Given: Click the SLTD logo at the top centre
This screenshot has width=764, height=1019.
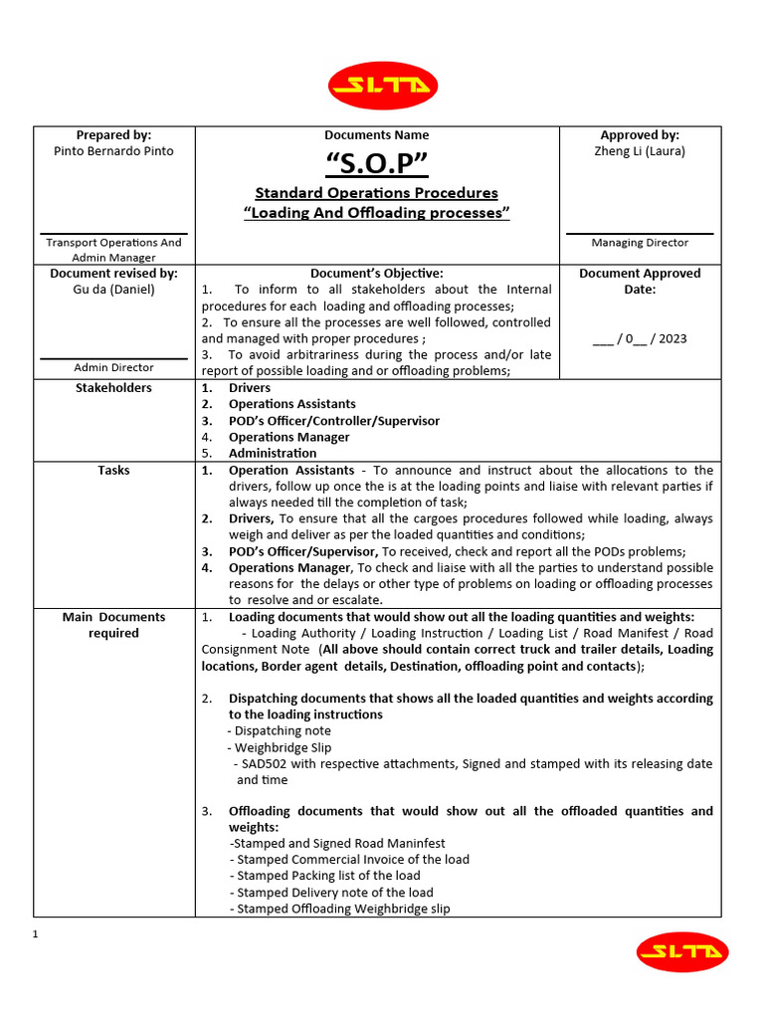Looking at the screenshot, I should click(x=382, y=86).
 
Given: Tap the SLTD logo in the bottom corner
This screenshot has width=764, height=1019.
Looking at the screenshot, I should click(x=682, y=952).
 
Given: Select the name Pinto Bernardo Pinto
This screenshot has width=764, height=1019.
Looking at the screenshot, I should click(x=113, y=151).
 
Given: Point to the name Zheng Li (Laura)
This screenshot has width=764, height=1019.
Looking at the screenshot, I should click(x=640, y=151).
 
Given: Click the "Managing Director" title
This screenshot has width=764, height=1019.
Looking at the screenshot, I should click(x=640, y=242).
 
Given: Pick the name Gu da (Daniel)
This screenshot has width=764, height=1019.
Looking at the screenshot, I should click(x=113, y=290).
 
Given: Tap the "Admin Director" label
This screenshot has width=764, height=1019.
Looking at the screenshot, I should click(x=113, y=367).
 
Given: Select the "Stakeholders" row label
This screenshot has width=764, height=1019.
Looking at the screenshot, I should click(x=113, y=387).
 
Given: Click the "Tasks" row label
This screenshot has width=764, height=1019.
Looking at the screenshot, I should click(x=113, y=470).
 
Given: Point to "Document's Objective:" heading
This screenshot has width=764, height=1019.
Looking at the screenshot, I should click(x=376, y=273).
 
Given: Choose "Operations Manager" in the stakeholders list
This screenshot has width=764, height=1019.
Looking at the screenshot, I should click(x=288, y=437).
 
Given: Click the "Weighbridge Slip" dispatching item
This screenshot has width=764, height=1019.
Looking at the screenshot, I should click(x=283, y=747).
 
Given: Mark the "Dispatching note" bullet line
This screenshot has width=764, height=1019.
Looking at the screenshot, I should click(x=283, y=730).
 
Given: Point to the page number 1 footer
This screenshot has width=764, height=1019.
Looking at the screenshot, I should click(x=35, y=934).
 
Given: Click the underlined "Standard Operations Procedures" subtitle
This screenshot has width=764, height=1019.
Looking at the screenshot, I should click(x=376, y=193).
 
